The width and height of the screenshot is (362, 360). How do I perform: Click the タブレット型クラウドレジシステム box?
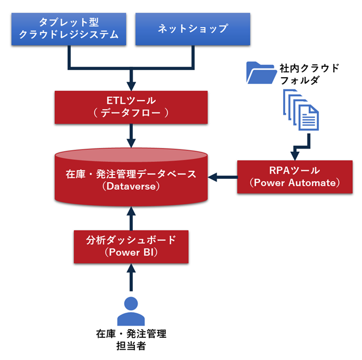[69, 29]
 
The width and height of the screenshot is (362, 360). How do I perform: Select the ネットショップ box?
[192, 29]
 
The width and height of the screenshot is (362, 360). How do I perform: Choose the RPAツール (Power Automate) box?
[294, 177]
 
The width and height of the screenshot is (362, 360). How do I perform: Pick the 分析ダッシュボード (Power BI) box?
[131, 246]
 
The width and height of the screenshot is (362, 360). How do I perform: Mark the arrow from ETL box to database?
[131, 135]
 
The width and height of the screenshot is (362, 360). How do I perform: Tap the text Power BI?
[131, 252]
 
